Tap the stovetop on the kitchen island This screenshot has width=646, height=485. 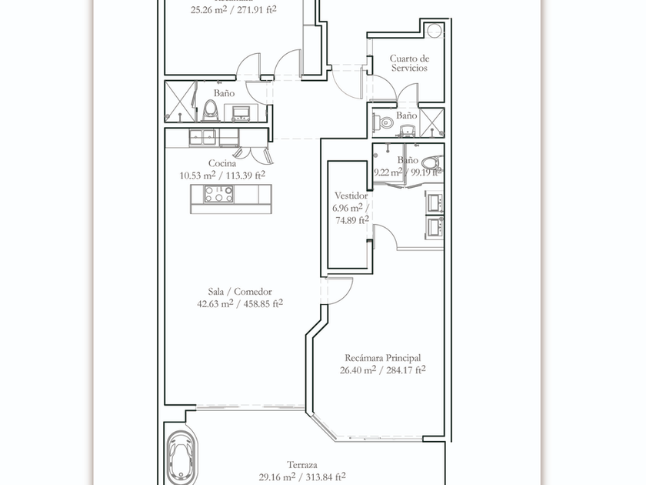coord(218,196)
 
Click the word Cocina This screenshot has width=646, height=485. coord(221,163)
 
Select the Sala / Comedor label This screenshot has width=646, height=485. coord(240,292)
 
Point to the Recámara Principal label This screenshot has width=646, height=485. coord(382,358)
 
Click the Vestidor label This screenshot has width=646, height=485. coord(351,196)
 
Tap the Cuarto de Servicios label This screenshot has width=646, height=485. coord(408,63)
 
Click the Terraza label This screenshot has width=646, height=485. coord(304,465)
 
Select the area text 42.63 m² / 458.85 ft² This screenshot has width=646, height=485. coord(240,303)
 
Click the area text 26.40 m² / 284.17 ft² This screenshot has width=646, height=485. coord(382,370)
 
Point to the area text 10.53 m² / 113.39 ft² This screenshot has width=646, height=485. coord(222,175)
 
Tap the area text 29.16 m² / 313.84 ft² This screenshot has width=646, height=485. coord(304,477)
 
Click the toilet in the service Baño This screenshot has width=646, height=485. coord(385,122)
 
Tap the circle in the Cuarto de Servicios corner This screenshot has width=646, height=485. coord(436,31)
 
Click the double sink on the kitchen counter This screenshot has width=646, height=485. coord(203,138)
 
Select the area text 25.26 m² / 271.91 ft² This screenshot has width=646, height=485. coord(234,10)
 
